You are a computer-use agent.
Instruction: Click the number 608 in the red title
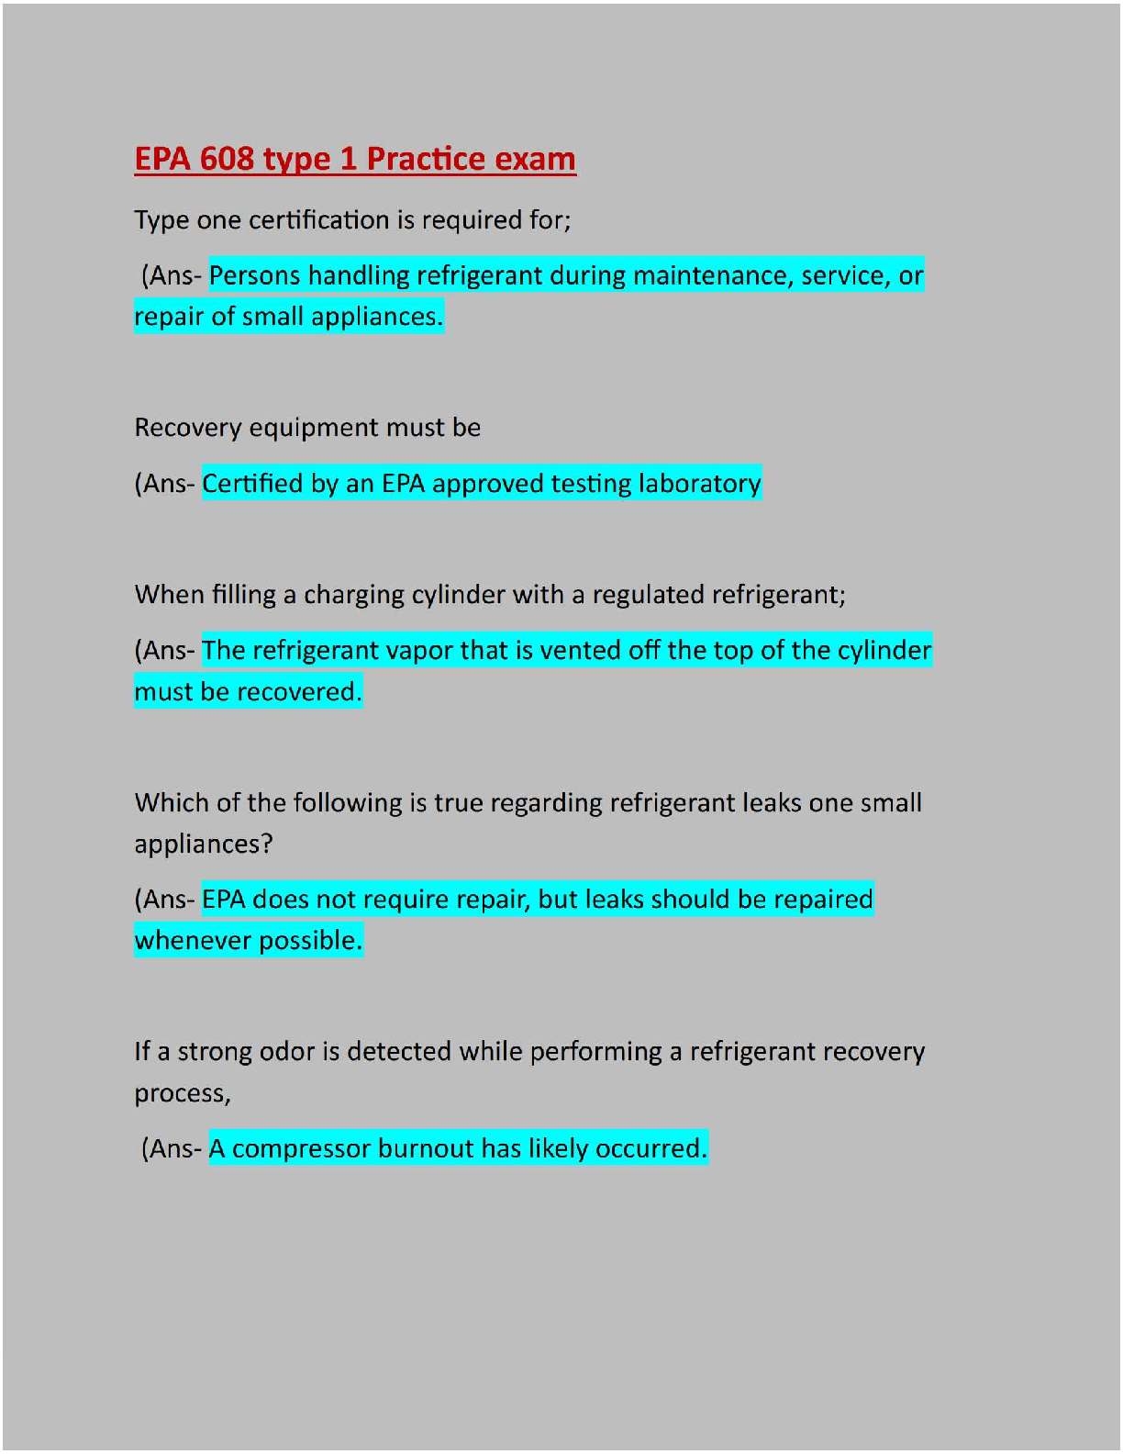[x=228, y=159]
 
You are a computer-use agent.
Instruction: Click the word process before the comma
[x=180, y=1094]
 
